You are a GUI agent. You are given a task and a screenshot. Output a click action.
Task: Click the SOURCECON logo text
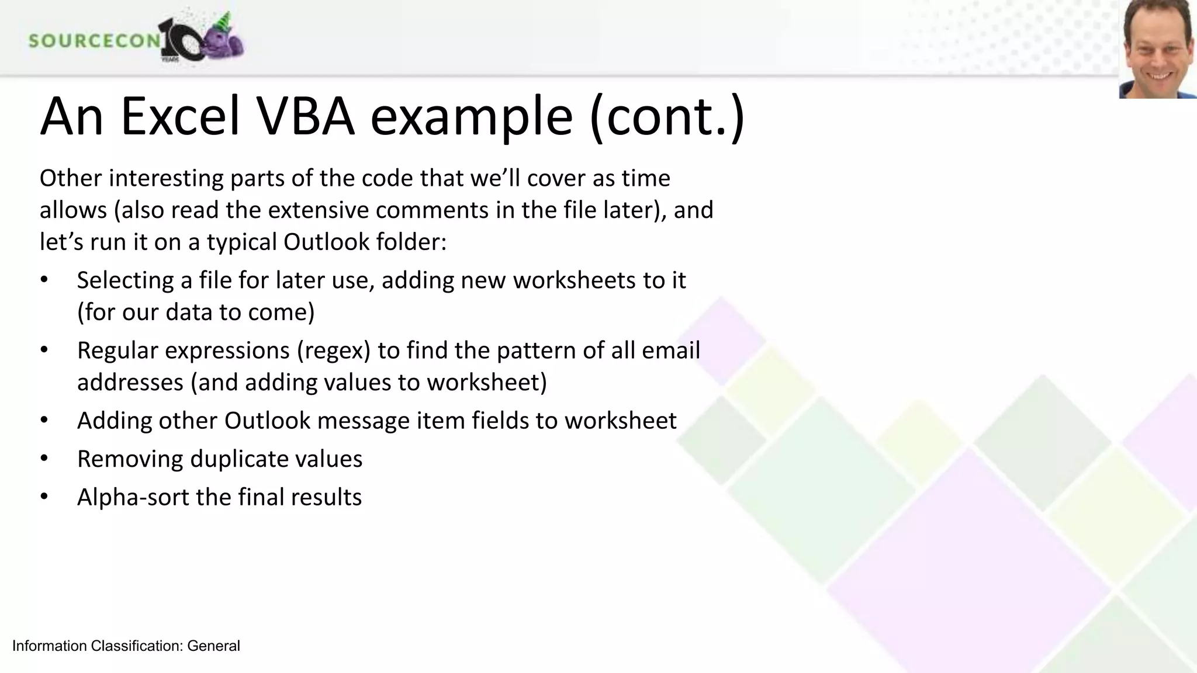94,40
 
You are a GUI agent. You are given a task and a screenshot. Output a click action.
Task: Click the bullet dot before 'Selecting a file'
44,280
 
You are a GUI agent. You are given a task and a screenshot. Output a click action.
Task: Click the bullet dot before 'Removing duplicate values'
44,459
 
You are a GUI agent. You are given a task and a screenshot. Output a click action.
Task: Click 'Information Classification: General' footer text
126,646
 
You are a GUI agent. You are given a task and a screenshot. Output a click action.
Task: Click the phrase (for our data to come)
196,312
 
